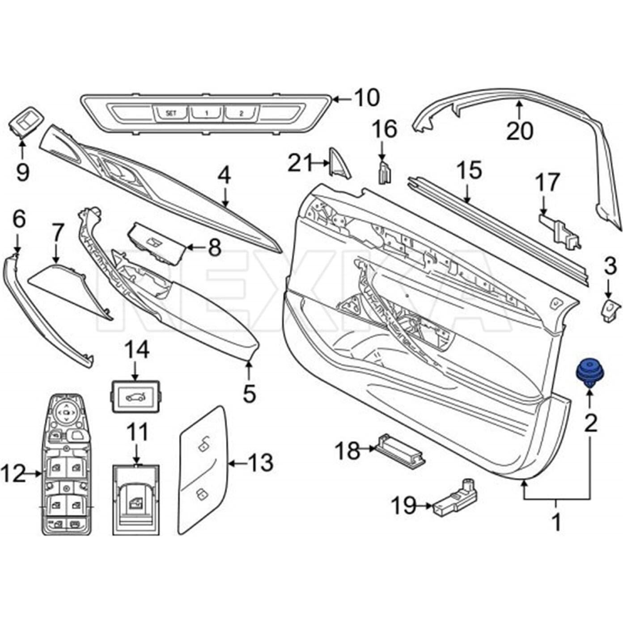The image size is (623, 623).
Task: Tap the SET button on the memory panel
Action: (x=171, y=113)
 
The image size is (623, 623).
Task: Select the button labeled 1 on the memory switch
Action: (x=206, y=113)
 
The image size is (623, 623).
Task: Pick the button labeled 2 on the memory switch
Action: (x=241, y=113)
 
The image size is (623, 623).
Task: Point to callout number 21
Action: (x=300, y=163)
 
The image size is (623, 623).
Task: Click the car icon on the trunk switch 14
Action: (x=135, y=396)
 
